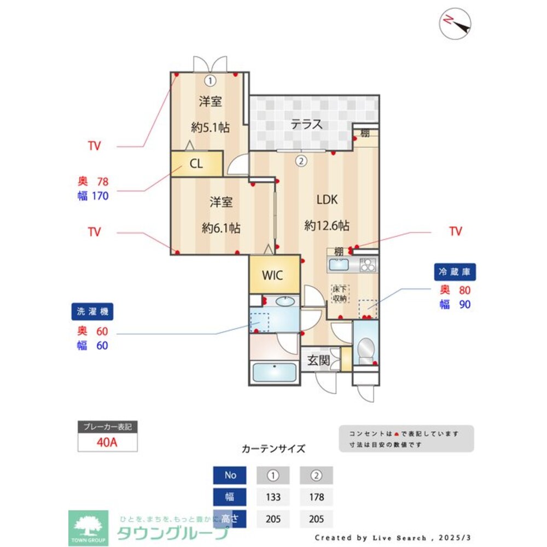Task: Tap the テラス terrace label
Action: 306,124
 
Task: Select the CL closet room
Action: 197,164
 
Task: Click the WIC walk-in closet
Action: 272,275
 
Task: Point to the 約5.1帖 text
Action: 210,128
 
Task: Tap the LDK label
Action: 327,200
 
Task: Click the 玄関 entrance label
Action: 317,360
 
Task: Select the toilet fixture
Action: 365,348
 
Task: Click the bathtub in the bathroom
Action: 273,373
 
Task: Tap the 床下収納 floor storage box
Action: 340,294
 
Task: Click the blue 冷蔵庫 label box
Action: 455,272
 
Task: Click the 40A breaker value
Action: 107,443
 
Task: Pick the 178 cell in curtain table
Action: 316,497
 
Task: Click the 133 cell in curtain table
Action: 273,497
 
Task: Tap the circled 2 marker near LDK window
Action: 300,161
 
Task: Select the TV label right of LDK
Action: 455,231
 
